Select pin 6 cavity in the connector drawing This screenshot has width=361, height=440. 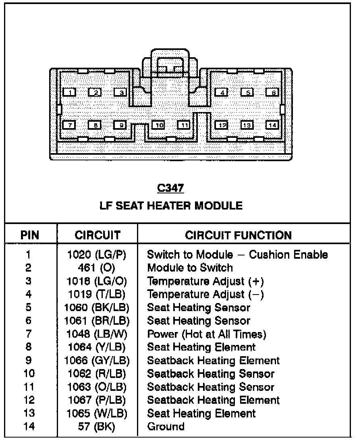coord(273,93)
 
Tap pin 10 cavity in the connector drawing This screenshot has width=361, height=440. coord(159,125)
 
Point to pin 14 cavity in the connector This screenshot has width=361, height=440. coord(273,125)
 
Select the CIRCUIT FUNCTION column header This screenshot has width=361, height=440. coord(238,235)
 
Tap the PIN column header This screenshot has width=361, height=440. coord(30,235)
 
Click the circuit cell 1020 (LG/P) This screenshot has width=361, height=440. coord(97,255)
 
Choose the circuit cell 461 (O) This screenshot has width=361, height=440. coord(97,268)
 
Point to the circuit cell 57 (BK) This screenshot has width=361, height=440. coord(97,426)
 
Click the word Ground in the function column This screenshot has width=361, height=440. coord(166,426)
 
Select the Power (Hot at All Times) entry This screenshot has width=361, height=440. coord(207,334)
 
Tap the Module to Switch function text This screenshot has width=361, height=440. coord(190,268)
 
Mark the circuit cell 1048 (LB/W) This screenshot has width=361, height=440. coord(97,334)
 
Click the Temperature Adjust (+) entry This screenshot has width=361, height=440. coord(205,281)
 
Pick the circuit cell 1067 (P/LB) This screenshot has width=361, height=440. coord(97,400)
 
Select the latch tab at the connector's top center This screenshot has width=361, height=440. coord(169,64)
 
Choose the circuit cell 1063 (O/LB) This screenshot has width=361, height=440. coord(97,387)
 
